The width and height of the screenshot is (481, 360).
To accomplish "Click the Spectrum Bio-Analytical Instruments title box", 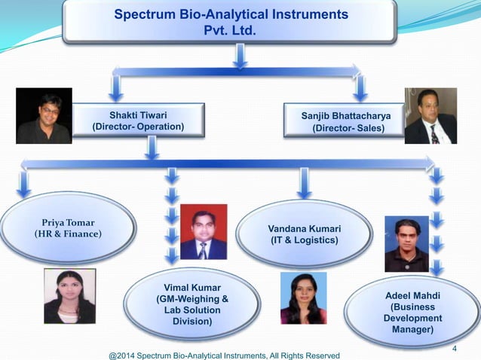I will [x=230, y=23].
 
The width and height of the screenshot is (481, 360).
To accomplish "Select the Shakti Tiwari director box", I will [x=138, y=121].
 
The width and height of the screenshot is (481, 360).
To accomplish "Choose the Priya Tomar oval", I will [x=69, y=227].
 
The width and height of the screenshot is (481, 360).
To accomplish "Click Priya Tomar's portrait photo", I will [x=69, y=296].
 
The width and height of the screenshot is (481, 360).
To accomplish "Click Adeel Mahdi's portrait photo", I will [x=406, y=243].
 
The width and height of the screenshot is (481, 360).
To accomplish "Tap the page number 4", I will [x=455, y=348].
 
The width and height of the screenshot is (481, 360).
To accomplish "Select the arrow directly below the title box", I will [x=238, y=54].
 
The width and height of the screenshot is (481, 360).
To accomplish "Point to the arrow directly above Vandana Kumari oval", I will [x=305, y=183].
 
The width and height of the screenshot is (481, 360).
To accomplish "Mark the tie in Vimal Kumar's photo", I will [x=203, y=250].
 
